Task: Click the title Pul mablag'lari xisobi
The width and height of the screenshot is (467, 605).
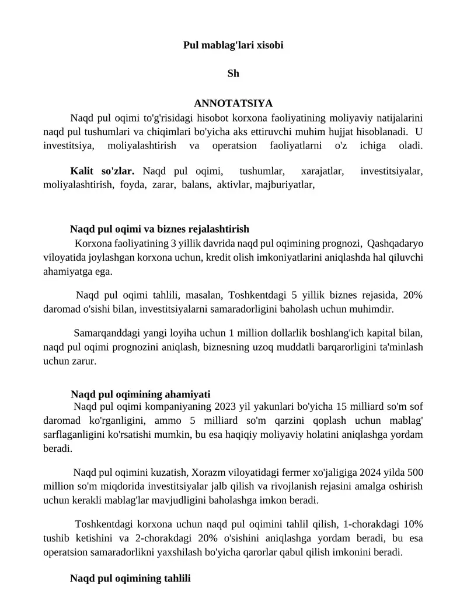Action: [233, 44]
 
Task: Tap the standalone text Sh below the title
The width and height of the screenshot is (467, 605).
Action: [233, 74]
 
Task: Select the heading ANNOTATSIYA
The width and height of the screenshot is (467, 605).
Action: [233, 103]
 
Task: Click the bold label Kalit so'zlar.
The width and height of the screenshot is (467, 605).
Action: [102, 171]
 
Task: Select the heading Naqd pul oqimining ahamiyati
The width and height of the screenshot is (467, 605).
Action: [140, 394]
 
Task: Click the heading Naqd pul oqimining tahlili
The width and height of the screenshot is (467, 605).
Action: [130, 579]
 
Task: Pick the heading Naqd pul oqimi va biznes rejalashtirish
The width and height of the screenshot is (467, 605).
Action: [159, 229]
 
